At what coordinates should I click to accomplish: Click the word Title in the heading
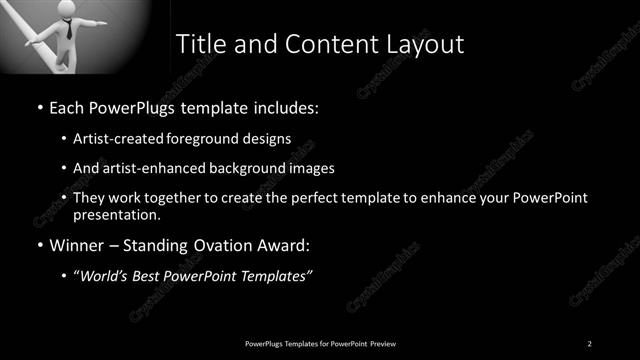(x=200, y=44)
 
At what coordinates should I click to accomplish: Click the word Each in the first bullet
(x=67, y=105)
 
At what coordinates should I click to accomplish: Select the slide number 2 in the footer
(x=589, y=344)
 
